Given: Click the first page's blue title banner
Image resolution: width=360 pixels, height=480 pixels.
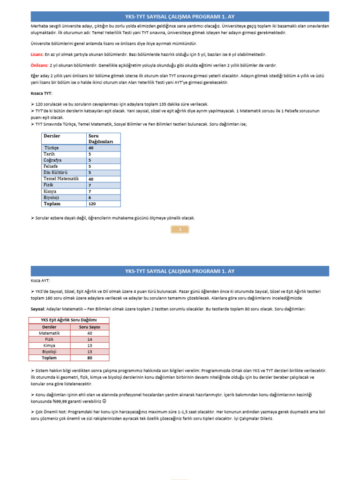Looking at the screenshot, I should (x=180, y=16).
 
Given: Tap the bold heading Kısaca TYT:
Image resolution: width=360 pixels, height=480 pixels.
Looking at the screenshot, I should (x=42, y=93).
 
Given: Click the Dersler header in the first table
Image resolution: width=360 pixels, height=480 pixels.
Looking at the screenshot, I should (x=52, y=136).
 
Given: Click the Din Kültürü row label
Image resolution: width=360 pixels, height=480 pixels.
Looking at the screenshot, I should (x=55, y=172).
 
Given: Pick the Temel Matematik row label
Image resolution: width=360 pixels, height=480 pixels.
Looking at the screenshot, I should (x=61, y=179).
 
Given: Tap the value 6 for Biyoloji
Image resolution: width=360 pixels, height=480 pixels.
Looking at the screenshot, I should (x=90, y=197).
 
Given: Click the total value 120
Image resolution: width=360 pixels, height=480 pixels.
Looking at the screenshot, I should (x=92, y=204).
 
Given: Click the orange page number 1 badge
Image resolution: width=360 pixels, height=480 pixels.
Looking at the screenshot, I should (x=180, y=229).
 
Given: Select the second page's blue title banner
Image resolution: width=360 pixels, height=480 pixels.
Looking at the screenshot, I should (x=180, y=271).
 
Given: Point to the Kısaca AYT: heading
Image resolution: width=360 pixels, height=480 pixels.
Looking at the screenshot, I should (x=40, y=281).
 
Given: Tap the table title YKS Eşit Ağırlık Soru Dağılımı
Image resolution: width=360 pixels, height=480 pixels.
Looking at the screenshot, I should (x=70, y=320).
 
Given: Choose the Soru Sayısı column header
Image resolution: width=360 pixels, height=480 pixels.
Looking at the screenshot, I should (x=89, y=327).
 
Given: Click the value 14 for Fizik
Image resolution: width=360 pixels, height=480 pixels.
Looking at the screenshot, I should (x=90, y=339).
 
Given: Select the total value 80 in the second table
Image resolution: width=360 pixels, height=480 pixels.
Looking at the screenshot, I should (x=90, y=358).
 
